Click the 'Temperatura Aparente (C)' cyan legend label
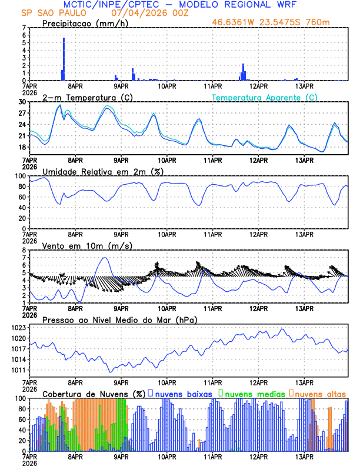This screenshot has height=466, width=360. [265, 97]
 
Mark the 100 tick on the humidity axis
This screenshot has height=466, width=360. [22, 176]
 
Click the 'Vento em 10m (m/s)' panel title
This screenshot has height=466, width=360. [87, 245]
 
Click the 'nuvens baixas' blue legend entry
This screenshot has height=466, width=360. [182, 393]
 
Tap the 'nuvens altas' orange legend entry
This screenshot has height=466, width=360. [319, 393]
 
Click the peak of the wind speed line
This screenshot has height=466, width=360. [105, 258]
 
